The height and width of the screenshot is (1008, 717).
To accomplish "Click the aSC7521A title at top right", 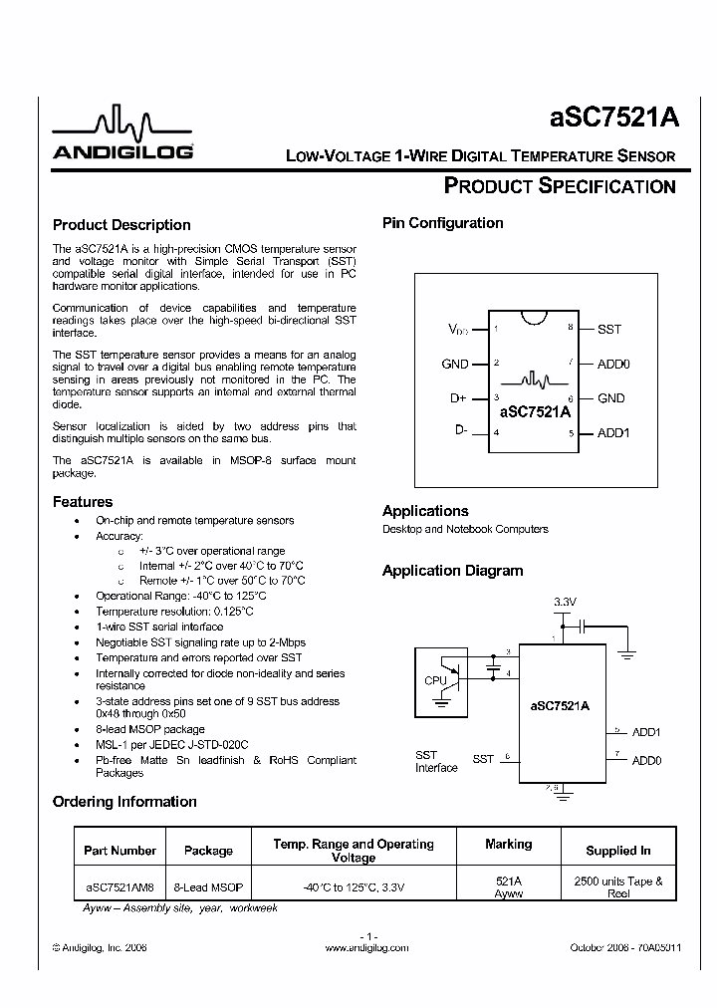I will (614, 118).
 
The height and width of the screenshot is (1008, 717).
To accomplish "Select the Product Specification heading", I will (559, 185).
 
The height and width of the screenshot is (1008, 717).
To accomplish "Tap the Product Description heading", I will (121, 225).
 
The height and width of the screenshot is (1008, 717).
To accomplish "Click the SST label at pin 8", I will (609, 329).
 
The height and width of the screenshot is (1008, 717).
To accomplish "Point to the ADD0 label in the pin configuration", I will (613, 365).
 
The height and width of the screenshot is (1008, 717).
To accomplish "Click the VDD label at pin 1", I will (457, 329).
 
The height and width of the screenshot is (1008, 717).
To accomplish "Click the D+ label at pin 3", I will (458, 398).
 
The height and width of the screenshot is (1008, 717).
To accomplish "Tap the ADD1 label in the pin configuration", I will (613, 433).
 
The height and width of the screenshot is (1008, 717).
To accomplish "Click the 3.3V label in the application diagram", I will (565, 603).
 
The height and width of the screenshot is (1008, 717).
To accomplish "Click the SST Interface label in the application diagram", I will (436, 762).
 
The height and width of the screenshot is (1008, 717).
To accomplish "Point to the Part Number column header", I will (119, 851).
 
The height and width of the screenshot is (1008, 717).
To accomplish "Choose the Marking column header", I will (508, 845).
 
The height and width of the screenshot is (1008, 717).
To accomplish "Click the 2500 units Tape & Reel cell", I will (618, 886).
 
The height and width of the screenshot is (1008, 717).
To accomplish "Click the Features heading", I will (83, 502).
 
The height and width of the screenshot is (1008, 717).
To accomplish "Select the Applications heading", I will (425, 511).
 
